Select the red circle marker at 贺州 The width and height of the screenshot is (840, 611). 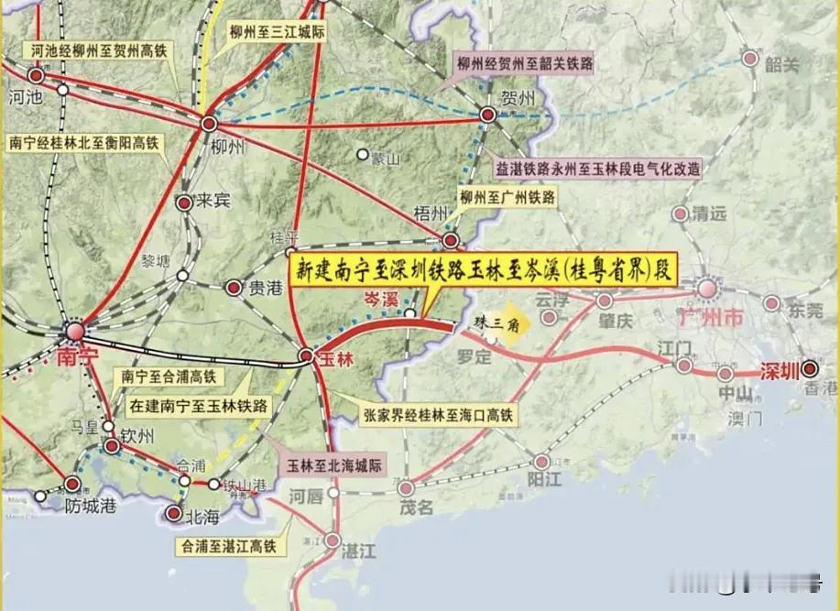pos(487,115)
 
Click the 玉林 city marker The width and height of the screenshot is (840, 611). pos(307,356)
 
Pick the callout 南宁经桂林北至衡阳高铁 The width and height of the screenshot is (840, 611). pos(83,143)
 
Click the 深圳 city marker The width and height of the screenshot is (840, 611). pos(810,369)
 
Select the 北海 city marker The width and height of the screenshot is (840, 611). pos(173,514)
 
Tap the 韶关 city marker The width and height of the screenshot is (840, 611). pos(750,60)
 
